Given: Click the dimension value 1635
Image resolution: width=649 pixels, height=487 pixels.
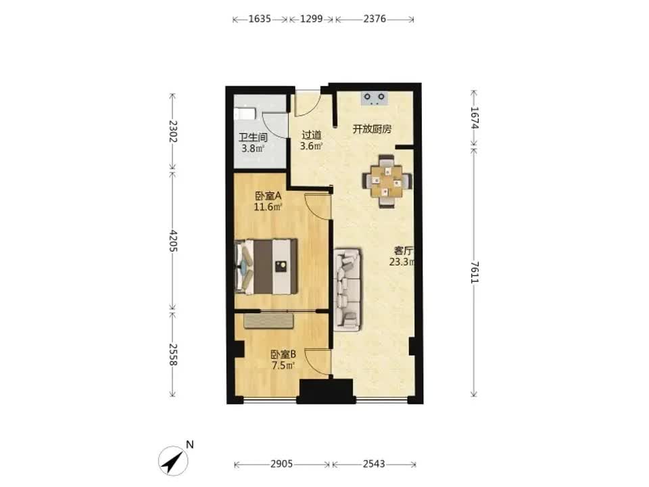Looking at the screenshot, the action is click(260, 19).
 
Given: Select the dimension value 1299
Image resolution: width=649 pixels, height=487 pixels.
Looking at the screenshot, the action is click(311, 19).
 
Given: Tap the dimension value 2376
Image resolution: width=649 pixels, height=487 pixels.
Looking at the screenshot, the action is click(375, 19).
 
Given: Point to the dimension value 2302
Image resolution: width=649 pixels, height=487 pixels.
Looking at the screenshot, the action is click(173, 131).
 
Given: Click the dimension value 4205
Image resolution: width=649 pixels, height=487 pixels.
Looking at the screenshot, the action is click(173, 241).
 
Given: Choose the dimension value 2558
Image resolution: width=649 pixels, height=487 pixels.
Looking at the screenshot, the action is click(173, 355).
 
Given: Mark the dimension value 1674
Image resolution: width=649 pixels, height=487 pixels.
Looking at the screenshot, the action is click(475, 118).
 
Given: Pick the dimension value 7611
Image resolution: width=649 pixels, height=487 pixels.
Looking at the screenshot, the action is click(475, 272).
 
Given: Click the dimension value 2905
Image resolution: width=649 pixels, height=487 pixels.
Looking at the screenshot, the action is click(281, 464).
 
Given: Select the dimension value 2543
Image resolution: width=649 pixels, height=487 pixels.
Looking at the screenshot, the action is click(374, 464).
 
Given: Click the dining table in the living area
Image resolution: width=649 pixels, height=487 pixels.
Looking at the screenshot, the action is click(387, 181).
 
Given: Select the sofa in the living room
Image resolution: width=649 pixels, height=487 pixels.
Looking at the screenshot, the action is click(347, 289).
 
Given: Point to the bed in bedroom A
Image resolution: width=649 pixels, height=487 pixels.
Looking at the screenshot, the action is click(266, 266).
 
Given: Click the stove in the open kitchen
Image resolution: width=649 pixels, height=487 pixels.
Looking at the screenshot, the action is click(375, 98).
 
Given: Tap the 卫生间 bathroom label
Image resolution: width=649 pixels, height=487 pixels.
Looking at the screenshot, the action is click(253, 137).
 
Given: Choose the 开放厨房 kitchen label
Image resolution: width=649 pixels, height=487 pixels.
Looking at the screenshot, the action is click(372, 129).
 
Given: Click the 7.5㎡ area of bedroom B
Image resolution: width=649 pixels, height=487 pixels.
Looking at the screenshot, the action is click(283, 366).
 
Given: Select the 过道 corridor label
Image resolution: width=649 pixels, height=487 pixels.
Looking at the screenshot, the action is click(311, 135).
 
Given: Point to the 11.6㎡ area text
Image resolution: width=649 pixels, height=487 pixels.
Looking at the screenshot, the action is click(268, 207).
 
